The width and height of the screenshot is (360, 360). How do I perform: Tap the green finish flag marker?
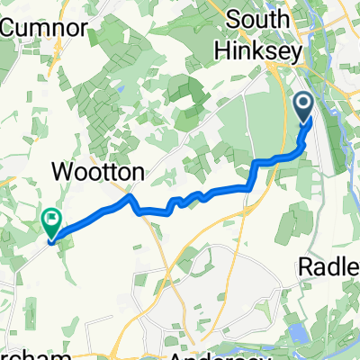[x=51, y=219]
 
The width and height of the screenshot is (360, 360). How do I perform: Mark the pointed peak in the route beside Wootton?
[x=130, y=196]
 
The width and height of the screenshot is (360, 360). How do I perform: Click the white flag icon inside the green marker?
[x=51, y=216]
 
